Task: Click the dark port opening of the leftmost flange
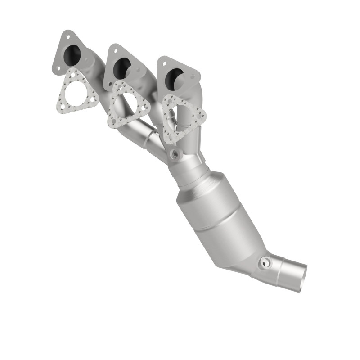(x=72, y=55)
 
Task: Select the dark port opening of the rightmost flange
(x=173, y=79)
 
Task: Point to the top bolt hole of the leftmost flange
(x=67, y=35)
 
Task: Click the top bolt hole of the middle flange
(x=115, y=49)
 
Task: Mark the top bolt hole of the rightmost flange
(x=165, y=61)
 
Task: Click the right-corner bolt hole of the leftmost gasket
(x=94, y=101)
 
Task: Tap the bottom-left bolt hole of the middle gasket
(x=112, y=121)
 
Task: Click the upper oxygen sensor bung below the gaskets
(x=175, y=155)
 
